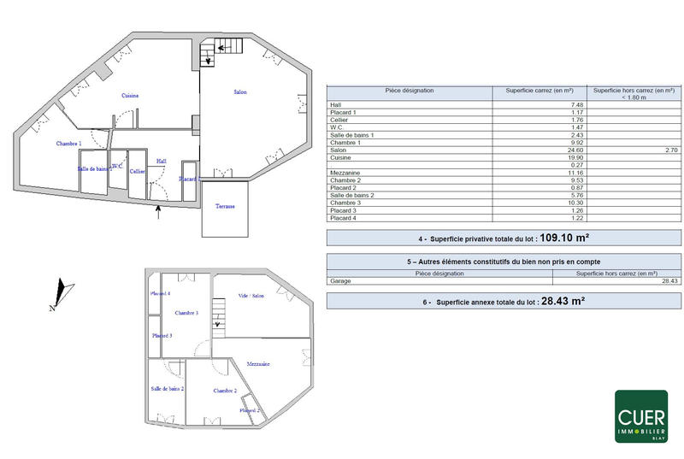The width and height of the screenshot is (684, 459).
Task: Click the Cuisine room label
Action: pos(130,96)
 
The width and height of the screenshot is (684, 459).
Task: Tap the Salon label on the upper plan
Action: pos(241,91)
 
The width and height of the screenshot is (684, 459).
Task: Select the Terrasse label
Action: pos(226,207)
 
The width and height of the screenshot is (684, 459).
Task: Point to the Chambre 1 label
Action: pos(69,144)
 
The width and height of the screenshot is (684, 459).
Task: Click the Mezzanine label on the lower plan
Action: pos(258,364)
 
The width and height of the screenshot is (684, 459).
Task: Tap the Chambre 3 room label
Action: pos(186,314)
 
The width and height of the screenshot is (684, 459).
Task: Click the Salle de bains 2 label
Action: pos(168,389)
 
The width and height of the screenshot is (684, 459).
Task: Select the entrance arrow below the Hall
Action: pos(159,212)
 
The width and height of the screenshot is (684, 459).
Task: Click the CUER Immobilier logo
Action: pos(641,416)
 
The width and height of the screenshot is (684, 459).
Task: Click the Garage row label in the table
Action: pos(340,281)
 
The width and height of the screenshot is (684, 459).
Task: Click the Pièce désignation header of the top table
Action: pos(410,91)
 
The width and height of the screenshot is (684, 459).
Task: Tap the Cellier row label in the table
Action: pos(340,120)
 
